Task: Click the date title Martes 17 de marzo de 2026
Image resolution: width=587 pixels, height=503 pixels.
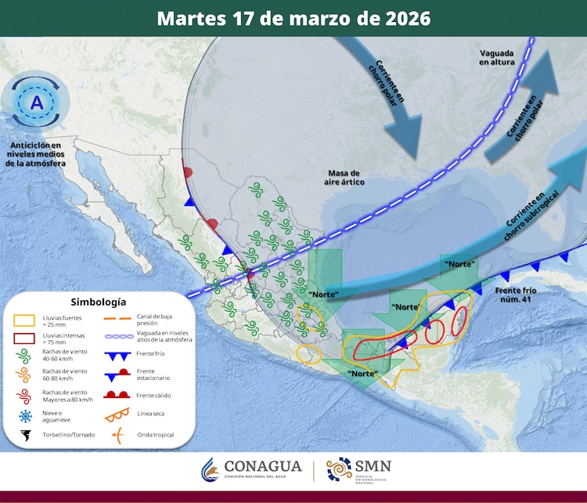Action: click(x=293, y=18)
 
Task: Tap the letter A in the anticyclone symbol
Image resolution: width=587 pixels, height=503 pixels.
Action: click(x=37, y=103)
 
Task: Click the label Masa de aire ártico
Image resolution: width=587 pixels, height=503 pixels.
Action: click(x=344, y=177)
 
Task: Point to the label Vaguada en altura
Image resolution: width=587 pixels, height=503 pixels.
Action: click(x=497, y=57)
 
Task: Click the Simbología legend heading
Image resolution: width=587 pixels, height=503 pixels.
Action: click(x=98, y=302)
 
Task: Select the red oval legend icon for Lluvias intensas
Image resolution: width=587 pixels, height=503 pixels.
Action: click(x=26, y=339)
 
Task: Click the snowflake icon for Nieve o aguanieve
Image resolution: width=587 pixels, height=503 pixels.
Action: click(x=26, y=415)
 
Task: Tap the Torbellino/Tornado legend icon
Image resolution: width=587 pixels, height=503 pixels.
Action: click(x=26, y=434)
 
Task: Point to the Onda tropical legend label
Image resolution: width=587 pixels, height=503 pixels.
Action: click(x=156, y=434)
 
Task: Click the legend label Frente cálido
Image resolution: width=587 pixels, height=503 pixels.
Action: click(x=154, y=396)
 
